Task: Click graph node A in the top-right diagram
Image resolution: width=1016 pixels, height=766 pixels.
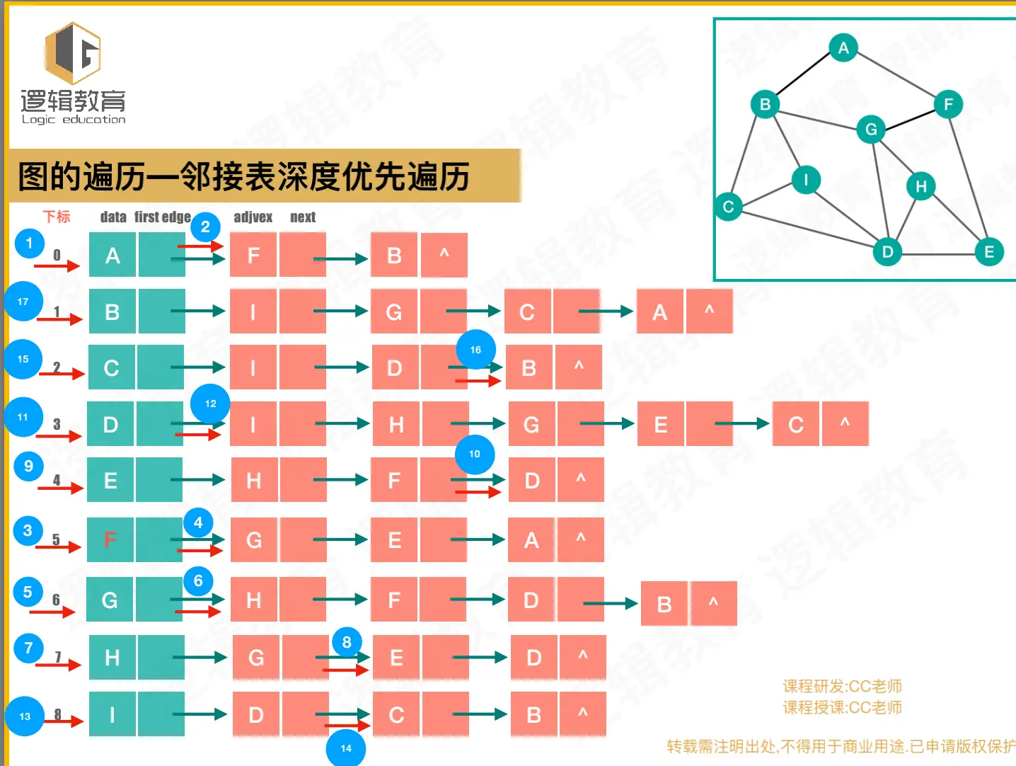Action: (x=843, y=48)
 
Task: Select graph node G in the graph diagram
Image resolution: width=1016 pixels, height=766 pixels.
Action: (x=871, y=129)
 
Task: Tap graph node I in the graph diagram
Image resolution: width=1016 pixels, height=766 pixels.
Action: (x=806, y=179)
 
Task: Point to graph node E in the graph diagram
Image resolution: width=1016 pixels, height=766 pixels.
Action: (x=989, y=251)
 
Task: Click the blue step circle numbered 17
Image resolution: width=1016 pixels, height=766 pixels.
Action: (x=23, y=302)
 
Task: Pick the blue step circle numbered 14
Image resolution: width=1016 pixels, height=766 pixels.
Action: (x=346, y=748)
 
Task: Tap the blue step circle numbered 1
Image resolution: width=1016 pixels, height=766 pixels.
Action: (x=29, y=244)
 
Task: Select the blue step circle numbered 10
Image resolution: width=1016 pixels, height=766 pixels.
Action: (x=475, y=454)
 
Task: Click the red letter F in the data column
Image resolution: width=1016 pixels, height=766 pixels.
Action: (x=110, y=540)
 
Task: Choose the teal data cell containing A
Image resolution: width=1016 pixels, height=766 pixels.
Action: (x=112, y=255)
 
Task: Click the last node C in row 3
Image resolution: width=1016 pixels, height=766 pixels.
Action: (x=796, y=424)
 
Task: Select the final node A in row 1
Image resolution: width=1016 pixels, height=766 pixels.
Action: (x=659, y=311)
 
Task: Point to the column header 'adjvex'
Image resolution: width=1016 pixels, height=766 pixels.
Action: (x=253, y=217)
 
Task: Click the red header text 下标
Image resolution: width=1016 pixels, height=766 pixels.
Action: (x=57, y=217)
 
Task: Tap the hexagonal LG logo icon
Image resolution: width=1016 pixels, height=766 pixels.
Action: (x=73, y=53)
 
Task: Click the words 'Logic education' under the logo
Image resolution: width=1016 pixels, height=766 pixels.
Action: (x=74, y=120)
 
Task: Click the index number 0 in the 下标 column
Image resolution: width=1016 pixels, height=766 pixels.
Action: (x=57, y=255)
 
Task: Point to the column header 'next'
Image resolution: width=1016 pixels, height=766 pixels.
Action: (x=303, y=217)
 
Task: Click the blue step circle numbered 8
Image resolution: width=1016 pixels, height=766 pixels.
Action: (x=347, y=642)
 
